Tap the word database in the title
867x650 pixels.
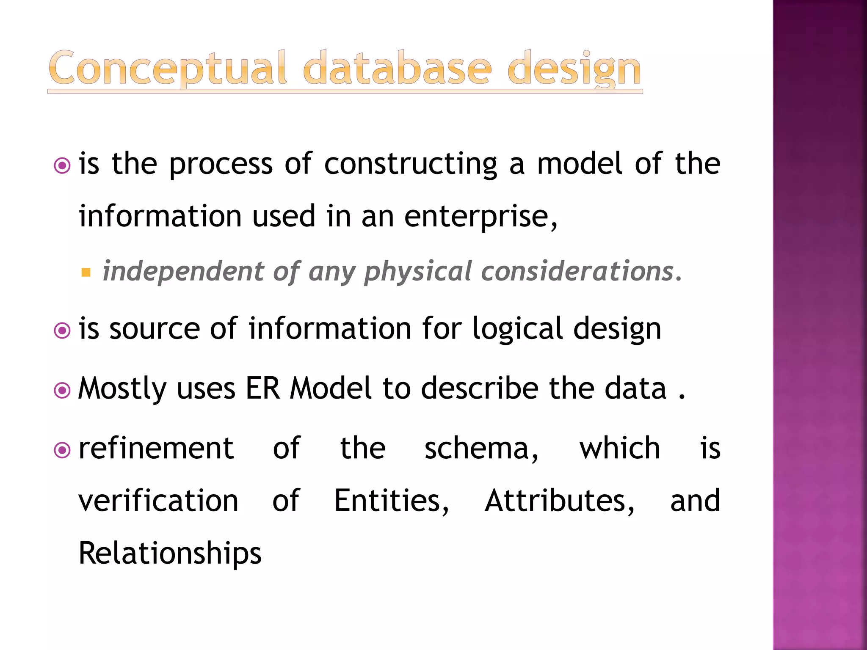click(x=398, y=69)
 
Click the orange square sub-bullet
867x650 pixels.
click(x=86, y=272)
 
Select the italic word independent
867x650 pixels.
click(x=183, y=271)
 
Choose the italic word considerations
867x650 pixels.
click(x=578, y=271)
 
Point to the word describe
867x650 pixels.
click(x=480, y=388)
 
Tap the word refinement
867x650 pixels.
click(x=156, y=449)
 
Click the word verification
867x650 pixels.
click(x=158, y=501)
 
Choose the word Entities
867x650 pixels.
click(x=391, y=501)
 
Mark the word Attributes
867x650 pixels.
click(x=559, y=501)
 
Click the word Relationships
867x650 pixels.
click(x=170, y=554)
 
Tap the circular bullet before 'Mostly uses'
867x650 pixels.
click(x=63, y=390)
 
